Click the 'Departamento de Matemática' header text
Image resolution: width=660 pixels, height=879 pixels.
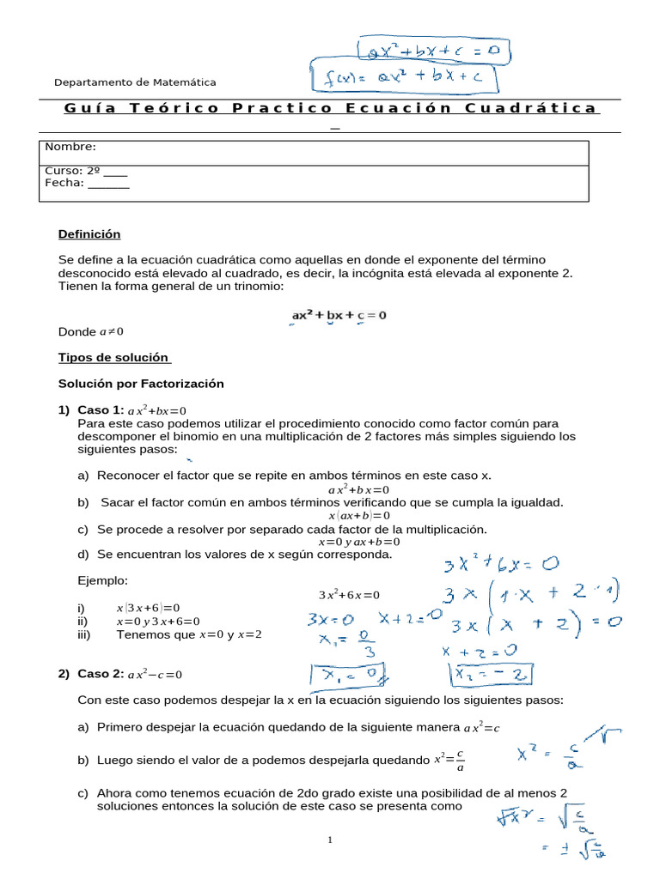click(135, 82)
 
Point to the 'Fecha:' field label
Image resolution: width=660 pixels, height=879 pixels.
click(64, 182)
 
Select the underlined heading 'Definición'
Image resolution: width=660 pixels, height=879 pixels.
click(89, 234)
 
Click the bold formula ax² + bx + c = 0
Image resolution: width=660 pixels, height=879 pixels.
click(339, 315)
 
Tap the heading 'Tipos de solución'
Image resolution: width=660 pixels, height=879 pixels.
click(114, 357)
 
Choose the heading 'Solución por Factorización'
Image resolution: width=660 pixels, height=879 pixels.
click(140, 383)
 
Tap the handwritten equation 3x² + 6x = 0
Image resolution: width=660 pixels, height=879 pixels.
click(501, 566)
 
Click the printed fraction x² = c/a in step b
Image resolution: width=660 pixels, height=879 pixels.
click(449, 760)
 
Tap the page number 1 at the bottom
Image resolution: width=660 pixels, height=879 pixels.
click(329, 840)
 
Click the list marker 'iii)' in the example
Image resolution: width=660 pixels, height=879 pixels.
click(84, 635)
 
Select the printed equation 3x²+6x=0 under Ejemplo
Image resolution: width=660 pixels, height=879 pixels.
click(349, 594)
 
